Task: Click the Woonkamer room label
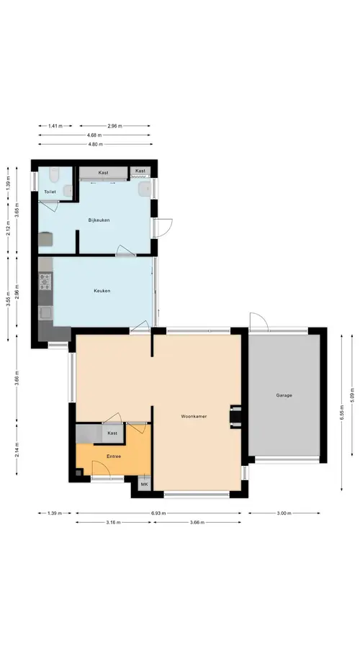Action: coord(194,416)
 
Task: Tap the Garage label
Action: coord(284,395)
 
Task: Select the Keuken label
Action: coord(102,291)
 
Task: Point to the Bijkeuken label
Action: coord(99,220)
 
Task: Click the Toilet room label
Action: coord(50,192)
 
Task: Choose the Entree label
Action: coord(114,456)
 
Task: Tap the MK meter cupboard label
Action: coord(144,484)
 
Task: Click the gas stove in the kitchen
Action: coord(45,282)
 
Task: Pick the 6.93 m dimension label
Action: coord(158,513)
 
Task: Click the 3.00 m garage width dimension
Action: coord(284,513)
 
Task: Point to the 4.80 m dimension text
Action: coord(95,144)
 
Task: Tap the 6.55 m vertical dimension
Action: coord(342,412)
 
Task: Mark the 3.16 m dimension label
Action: coord(113,523)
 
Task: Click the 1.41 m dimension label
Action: coord(55,126)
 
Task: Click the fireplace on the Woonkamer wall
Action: coord(235,416)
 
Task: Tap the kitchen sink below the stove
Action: coord(45,312)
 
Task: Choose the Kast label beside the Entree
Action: coord(112,433)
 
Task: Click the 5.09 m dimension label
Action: coord(352,395)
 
